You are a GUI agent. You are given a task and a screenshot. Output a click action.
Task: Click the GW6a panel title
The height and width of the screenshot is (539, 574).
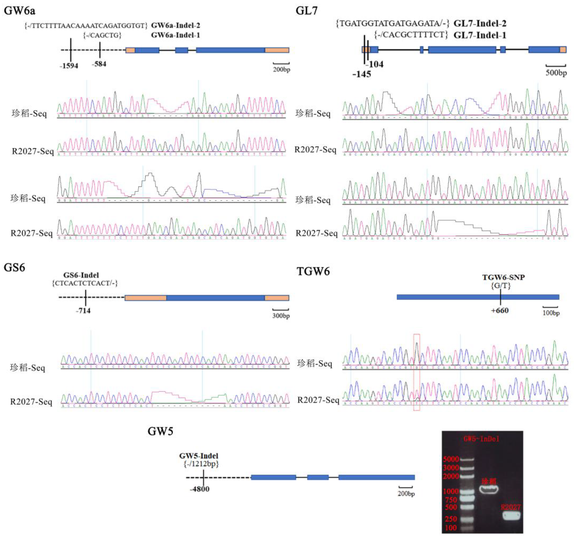(x=20, y=11)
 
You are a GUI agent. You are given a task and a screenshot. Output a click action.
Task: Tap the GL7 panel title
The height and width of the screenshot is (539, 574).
(x=306, y=11)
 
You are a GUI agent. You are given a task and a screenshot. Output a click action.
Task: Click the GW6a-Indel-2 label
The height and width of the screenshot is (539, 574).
(x=176, y=26)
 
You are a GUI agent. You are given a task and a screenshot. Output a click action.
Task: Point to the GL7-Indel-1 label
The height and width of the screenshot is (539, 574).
(x=480, y=35)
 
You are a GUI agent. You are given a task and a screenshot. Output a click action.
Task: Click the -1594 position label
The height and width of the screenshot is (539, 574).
(x=69, y=66)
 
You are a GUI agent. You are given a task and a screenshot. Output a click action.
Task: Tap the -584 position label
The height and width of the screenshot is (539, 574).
(x=99, y=64)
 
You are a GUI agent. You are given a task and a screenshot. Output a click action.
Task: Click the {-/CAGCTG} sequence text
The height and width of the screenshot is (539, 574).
(x=102, y=35)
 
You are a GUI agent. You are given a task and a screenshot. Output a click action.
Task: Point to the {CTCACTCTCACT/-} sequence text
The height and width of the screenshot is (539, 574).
(x=85, y=283)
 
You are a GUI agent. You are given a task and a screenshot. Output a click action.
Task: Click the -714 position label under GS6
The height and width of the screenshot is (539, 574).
(x=83, y=311)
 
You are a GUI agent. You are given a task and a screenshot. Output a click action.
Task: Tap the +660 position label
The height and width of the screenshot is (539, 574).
(x=500, y=311)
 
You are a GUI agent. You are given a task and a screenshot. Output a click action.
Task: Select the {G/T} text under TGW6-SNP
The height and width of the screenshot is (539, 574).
(x=501, y=286)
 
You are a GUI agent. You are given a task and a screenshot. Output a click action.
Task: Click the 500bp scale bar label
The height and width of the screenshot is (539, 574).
(x=556, y=73)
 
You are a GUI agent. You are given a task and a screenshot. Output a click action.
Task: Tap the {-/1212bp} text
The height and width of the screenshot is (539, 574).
(x=201, y=464)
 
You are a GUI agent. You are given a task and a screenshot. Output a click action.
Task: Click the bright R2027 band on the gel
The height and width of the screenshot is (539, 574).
(x=511, y=515)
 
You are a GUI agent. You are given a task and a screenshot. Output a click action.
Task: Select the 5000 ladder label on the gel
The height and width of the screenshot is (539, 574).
(x=451, y=459)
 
